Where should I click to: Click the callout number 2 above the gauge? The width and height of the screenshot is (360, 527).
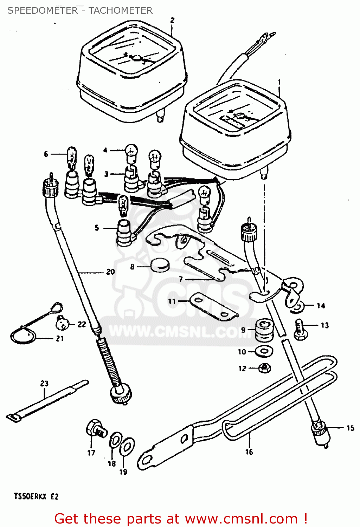pos(172,20)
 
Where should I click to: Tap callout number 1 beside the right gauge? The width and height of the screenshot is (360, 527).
pos(279,82)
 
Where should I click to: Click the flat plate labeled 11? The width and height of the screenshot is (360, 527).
pos(212,307)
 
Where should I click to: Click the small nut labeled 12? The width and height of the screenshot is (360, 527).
pos(265,368)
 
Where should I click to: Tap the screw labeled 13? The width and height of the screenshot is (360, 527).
pos(300,329)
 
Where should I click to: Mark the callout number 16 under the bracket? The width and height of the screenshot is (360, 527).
pos(249,452)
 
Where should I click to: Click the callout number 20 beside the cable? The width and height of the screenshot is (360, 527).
pos(110,272)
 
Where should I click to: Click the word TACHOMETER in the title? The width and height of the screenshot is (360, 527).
pos(121,11)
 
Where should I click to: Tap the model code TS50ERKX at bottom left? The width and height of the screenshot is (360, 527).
pos(30,496)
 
